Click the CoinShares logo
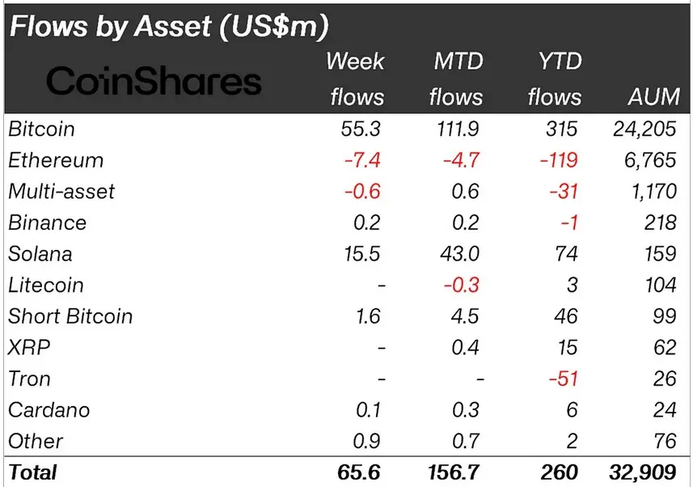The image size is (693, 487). coord(154,81)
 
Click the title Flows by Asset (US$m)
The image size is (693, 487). coord(169,26)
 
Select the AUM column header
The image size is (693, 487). coord(653,97)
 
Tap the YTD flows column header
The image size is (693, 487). coord(555,78)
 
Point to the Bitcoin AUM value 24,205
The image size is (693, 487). coord(644,129)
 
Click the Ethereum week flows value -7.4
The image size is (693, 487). coord(362,160)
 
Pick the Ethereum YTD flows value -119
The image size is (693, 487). coord(559,160)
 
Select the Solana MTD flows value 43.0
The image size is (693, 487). coord(459,254)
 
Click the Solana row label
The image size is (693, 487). coord(40,254)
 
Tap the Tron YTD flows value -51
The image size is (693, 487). coord(563,379)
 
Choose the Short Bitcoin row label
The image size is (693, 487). coord(70,316)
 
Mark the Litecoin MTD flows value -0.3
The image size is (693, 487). coord(462,285)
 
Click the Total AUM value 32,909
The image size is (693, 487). coord(643,472)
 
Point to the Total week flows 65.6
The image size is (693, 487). coord(359,472)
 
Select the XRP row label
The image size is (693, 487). coord(29,348)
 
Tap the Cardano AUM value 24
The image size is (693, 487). coord(665,410)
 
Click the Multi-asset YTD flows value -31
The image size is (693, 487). coord(564,192)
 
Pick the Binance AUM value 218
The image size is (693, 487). coord(661,222)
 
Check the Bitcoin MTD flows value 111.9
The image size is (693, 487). coord(458,129)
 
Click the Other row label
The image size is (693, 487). coord(36,441)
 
